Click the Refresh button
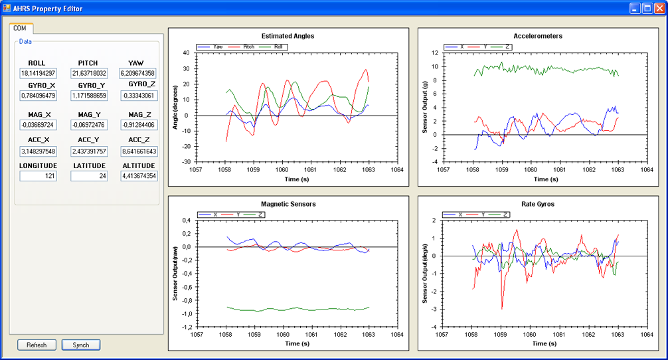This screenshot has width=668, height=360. [x=37, y=345]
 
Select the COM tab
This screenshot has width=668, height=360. [x=20, y=28]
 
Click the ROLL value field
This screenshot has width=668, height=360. [x=38, y=73]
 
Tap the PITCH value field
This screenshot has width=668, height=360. [x=89, y=73]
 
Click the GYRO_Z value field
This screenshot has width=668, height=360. [x=139, y=96]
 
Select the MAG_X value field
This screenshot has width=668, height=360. [x=38, y=125]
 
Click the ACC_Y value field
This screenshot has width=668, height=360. [x=89, y=151]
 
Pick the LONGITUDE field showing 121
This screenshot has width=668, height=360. [x=38, y=176]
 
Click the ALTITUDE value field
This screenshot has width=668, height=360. [x=139, y=176]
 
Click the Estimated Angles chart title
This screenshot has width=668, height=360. [x=288, y=37]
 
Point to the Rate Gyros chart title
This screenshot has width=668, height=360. [x=538, y=204]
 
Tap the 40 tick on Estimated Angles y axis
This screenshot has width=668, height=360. [x=186, y=53]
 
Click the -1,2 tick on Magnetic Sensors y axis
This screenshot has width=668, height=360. [x=187, y=327]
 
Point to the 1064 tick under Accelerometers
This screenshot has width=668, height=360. [x=647, y=169]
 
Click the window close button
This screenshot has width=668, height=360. [x=659, y=8]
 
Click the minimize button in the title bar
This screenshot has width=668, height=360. [x=635, y=8]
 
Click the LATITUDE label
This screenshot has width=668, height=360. [x=89, y=166]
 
